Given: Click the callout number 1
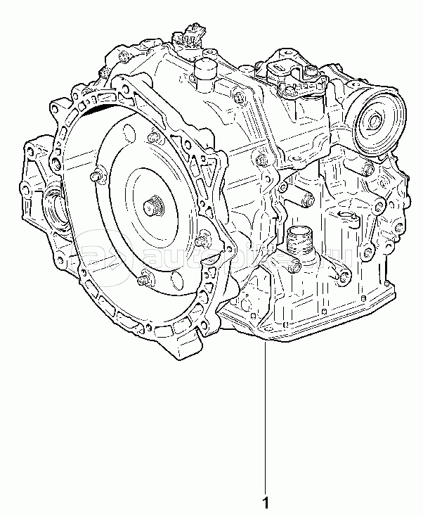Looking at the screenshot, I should click(265, 504).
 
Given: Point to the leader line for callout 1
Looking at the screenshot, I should click(265, 422).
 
